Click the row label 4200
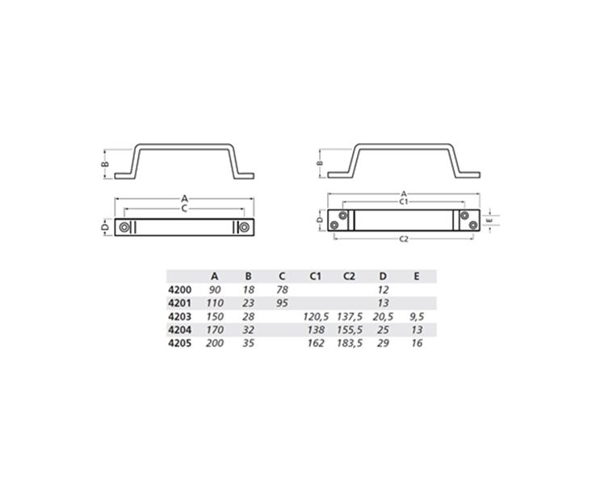[179, 290]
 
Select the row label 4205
[179, 343]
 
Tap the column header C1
[315, 276]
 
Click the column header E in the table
[417, 276]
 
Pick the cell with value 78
[282, 290]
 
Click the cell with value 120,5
[316, 317]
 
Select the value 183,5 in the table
[350, 344]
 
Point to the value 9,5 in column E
[417, 317]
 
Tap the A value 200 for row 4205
[215, 343]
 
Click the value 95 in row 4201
[282, 303]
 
